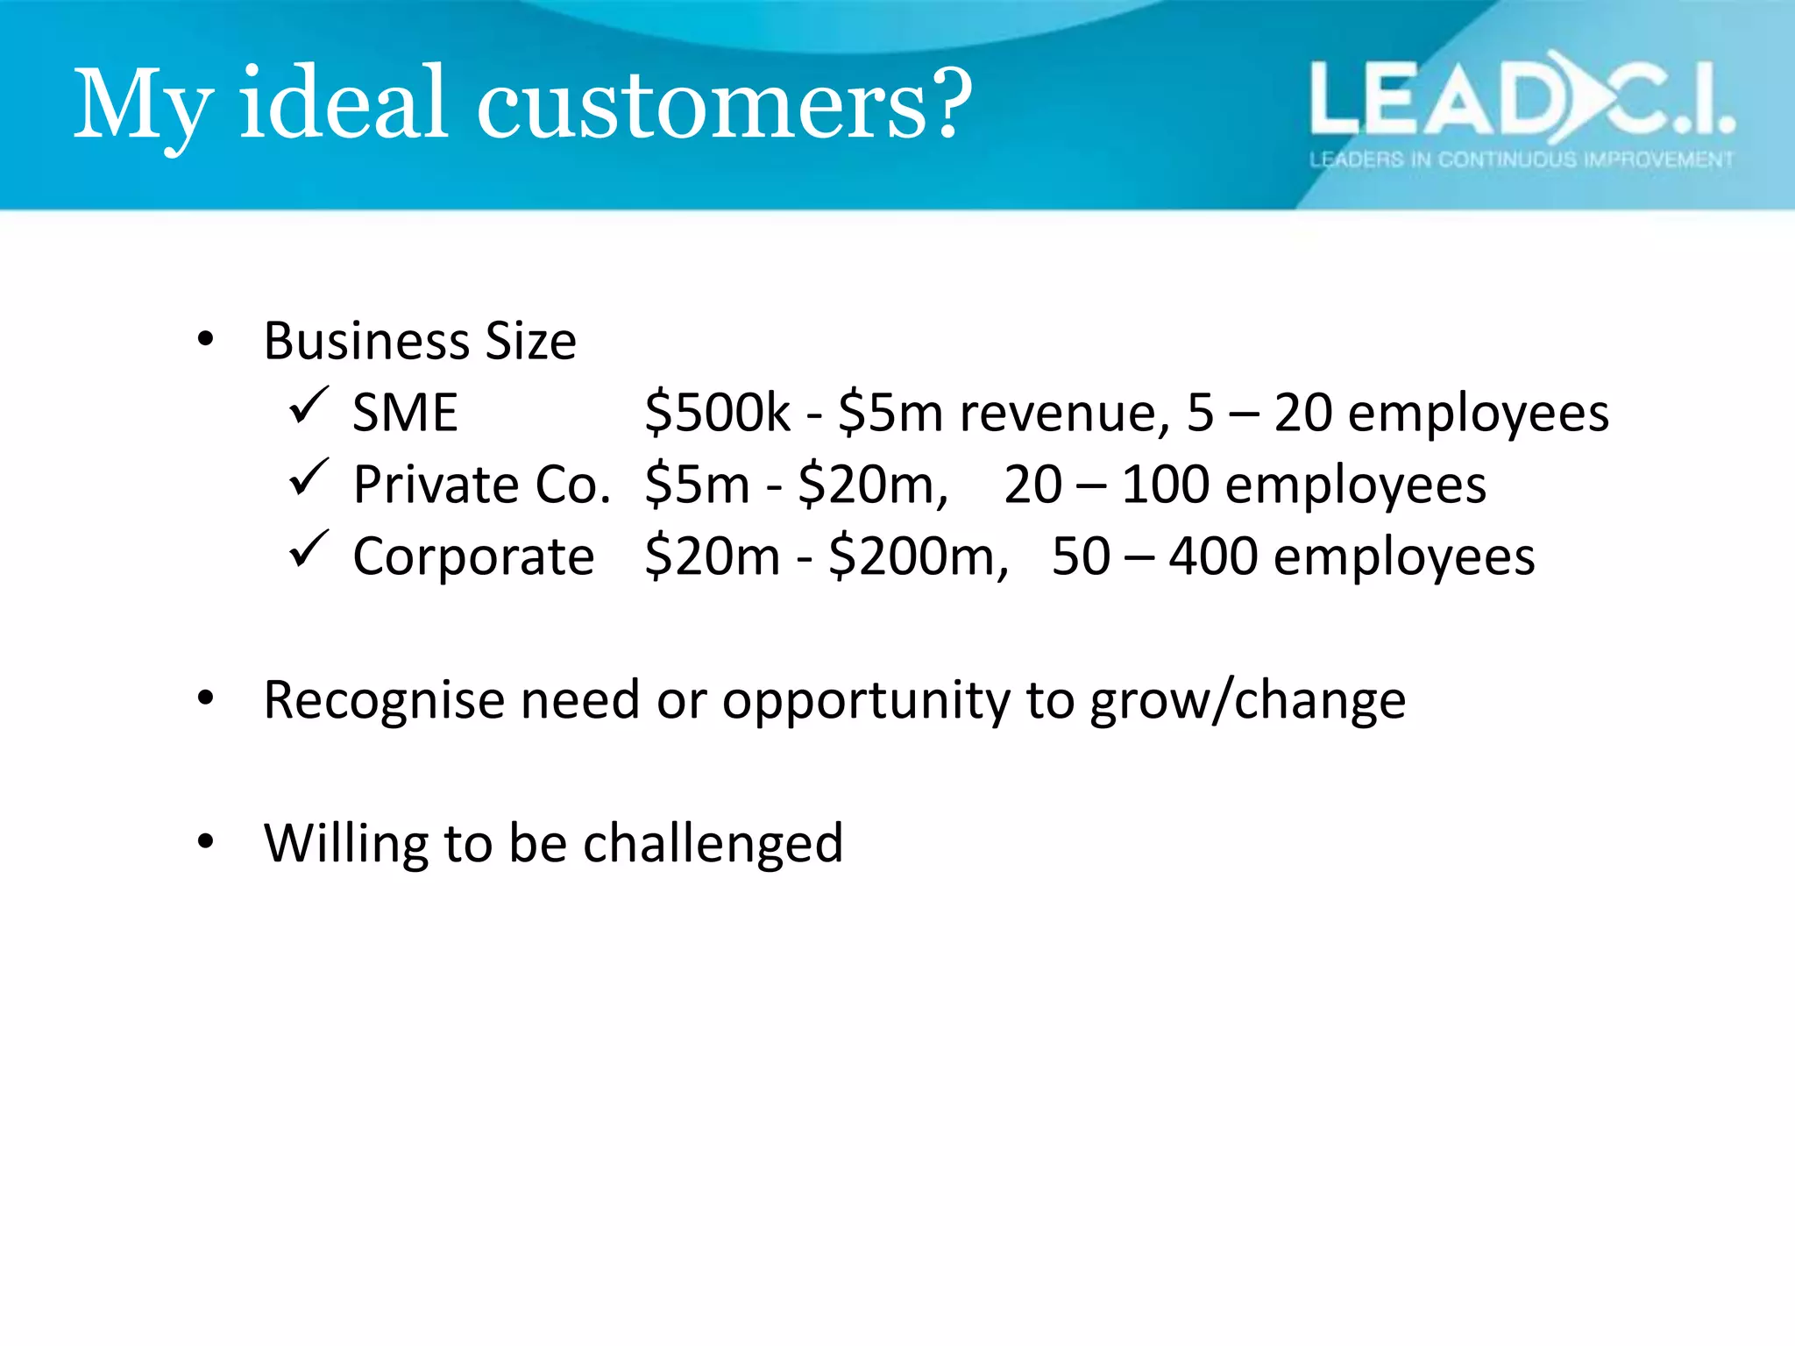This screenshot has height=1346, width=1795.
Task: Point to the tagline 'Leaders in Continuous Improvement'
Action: [x=1521, y=159]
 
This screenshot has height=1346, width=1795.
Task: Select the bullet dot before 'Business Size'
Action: [x=206, y=339]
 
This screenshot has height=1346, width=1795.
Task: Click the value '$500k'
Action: [x=717, y=412]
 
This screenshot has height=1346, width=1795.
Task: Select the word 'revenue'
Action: [x=1063, y=412]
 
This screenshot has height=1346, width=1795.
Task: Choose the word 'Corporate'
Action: [x=473, y=556]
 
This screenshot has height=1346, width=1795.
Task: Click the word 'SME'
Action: [x=405, y=412]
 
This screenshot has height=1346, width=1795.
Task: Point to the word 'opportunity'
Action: [x=865, y=701]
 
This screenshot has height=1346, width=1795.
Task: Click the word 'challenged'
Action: [x=713, y=843]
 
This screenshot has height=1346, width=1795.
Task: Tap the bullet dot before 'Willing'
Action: [x=206, y=842]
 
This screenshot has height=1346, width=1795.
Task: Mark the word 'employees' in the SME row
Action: [x=1478, y=412]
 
